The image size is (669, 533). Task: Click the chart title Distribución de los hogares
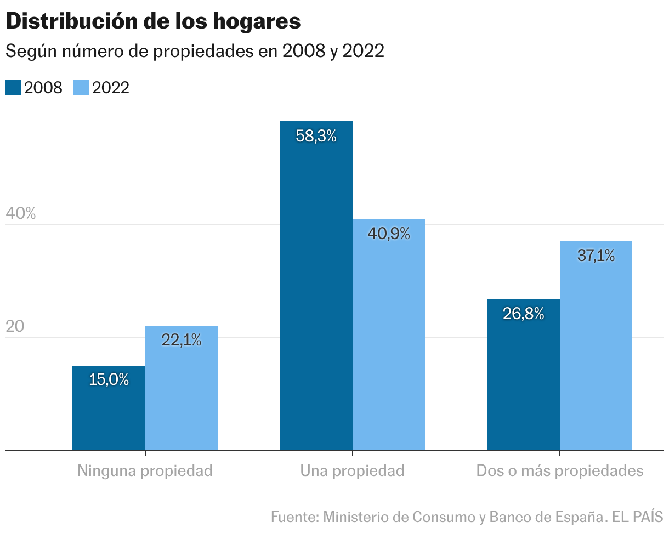153,21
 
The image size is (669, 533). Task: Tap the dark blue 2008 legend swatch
13,88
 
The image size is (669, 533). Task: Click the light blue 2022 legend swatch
81,88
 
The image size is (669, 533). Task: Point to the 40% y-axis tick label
20,213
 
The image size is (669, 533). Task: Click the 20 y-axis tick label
15,326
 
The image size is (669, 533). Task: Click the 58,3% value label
316,137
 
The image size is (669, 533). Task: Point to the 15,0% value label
109,379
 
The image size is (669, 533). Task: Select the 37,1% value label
596,255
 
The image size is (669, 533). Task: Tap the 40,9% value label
388,234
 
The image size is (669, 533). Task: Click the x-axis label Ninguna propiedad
145,471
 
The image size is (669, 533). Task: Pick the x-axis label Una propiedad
352,471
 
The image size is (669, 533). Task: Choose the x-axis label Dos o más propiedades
560,471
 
